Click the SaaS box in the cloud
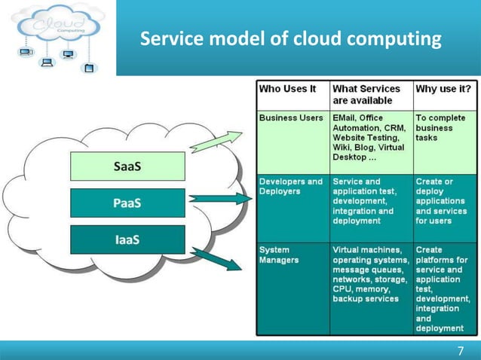click(127, 166)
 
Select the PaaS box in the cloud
click(127, 203)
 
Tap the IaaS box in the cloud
click(127, 239)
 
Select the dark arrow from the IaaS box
click(219, 259)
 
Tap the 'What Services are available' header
click(370, 95)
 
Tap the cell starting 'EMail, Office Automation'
click(370, 142)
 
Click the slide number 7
click(461, 351)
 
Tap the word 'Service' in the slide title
click(170, 38)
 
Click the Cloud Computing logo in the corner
click(57, 38)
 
